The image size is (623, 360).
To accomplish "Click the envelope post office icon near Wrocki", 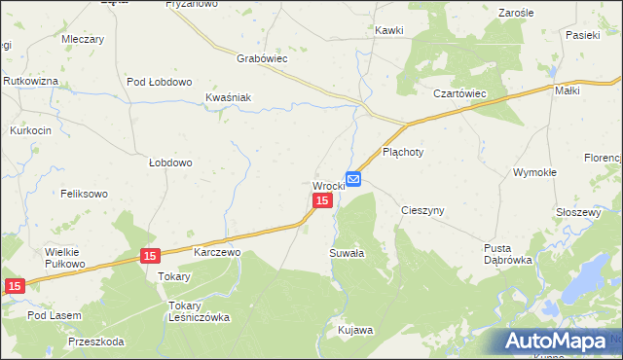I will pos(353,179).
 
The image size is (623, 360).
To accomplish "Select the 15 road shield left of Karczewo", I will pos(149,256).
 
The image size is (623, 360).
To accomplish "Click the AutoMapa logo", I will pos(554,341).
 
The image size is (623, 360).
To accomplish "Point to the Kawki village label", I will pos(389,31).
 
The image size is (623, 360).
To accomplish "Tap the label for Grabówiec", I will pos(261,58).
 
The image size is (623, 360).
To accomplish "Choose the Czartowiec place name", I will pos(459,93).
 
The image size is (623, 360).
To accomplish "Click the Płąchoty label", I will pos(402,152).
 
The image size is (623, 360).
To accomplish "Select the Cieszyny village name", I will pos(422,210).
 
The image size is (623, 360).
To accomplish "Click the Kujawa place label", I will pos(355,331).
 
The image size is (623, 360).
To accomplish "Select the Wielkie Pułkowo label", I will pos(66,258).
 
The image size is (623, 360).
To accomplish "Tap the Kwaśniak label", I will pos(229,97).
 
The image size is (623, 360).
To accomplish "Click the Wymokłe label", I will pos(534,172).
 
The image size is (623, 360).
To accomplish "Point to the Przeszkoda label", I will pos(96,342).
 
